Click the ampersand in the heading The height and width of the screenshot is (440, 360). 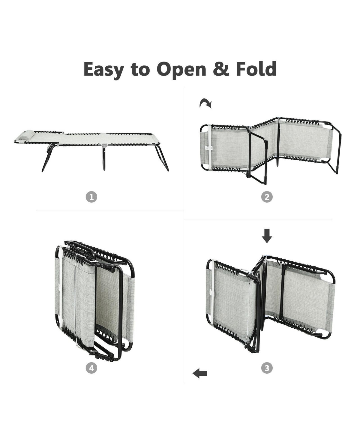tap(221, 69)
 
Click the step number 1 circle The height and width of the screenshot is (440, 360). tap(91, 197)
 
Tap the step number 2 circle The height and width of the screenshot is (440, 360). tap(267, 197)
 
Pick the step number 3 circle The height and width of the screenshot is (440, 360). tap(267, 368)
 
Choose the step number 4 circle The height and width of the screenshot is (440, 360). tap(91, 368)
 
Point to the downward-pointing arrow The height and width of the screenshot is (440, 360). tap(267, 236)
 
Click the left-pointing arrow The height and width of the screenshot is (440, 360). tap(200, 373)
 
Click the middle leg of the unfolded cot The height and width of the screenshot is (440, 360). tap(104, 158)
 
